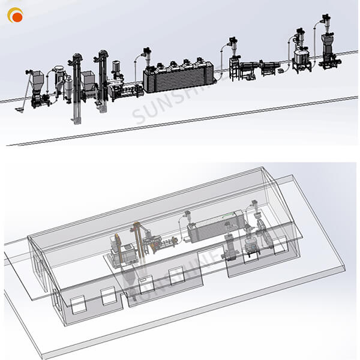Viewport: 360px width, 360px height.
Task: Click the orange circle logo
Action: point(15,16)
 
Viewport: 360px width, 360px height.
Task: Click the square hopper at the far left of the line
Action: point(37,78)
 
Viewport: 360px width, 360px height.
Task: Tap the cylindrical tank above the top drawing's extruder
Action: point(116,68)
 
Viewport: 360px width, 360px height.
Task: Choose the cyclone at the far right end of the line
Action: point(327,21)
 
